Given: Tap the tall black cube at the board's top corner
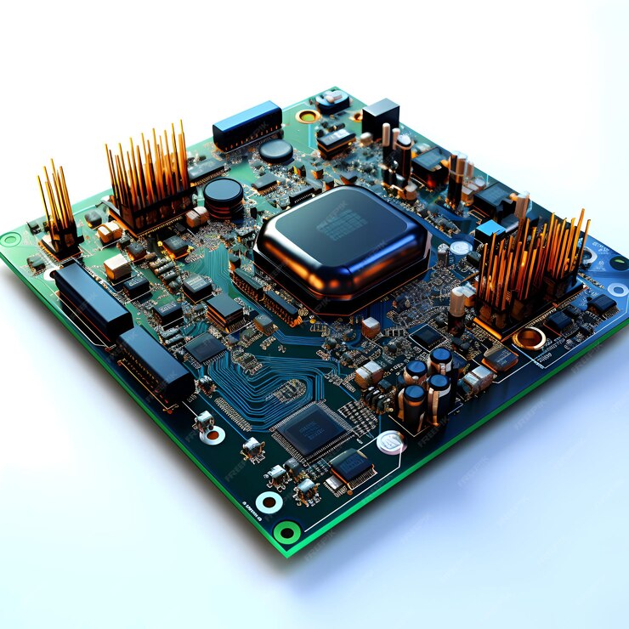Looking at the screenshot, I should [x=380, y=117].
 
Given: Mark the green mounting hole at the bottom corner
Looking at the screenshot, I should [x=286, y=533].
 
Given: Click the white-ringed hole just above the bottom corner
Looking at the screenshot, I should [x=269, y=501].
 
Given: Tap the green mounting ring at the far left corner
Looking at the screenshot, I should [x=10, y=240].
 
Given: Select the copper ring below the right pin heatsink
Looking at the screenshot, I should [x=530, y=338].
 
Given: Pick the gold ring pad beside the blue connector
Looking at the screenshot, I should [x=307, y=116].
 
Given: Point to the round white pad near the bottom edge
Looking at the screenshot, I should [x=390, y=441].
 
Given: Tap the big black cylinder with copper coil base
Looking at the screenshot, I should [x=224, y=197].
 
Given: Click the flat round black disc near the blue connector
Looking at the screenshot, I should [x=275, y=151].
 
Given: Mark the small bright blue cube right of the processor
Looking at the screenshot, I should [x=490, y=232].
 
